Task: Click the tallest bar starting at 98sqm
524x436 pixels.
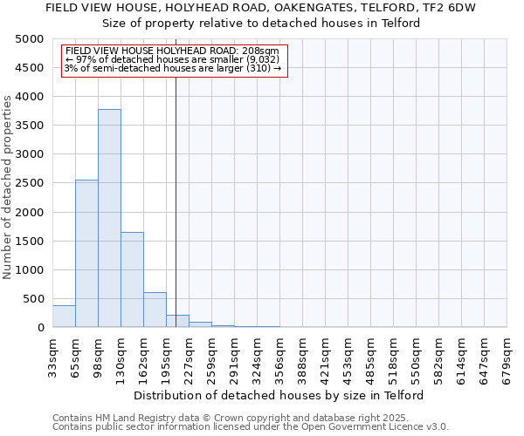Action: (109, 218)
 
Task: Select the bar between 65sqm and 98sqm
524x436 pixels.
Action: (86, 253)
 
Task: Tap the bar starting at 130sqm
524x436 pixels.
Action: (132, 279)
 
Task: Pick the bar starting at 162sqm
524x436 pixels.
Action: (155, 310)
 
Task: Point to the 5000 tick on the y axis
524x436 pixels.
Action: (31, 39)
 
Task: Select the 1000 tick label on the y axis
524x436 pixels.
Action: (31, 270)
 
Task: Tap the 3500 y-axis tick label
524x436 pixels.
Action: (31, 126)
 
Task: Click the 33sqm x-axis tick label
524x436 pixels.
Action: (53, 356)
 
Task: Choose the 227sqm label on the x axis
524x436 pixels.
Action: (189, 356)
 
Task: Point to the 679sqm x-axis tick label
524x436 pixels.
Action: (507, 356)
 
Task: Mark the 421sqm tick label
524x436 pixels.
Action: (325, 356)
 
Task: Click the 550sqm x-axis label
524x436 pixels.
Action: (416, 356)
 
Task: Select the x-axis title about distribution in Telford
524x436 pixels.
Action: (279, 395)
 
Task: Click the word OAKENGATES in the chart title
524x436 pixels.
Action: (312, 7)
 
